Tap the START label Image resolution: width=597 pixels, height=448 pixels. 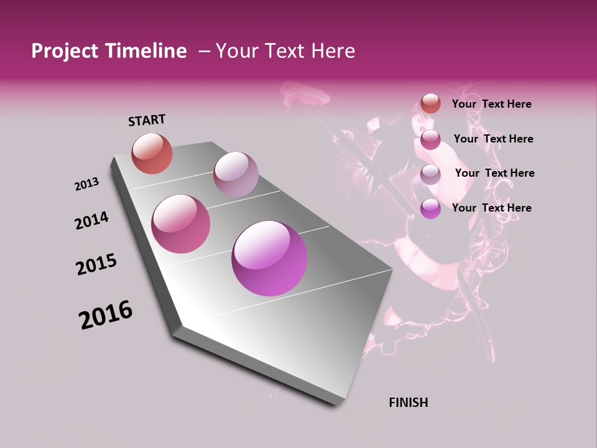tap(147, 120)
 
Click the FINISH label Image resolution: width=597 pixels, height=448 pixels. tap(408, 403)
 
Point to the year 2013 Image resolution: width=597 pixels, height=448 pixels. tap(87, 184)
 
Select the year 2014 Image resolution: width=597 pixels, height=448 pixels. tap(91, 220)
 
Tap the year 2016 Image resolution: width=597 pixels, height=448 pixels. tap(106, 315)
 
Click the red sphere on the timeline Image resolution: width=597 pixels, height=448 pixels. tap(152, 153)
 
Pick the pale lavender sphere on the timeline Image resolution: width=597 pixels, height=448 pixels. tap(236, 174)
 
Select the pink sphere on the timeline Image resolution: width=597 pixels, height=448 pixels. tap(181, 224)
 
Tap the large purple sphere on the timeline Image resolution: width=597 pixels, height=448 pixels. tap(269, 258)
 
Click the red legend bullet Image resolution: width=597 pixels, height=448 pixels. tap(430, 103)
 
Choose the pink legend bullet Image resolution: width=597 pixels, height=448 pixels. tap(430, 139)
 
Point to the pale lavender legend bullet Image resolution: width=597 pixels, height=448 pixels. tap(430, 174)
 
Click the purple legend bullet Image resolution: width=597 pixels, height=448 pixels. tap(430, 208)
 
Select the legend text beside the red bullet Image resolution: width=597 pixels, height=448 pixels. tap(491, 104)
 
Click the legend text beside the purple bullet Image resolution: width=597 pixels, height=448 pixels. tap(491, 208)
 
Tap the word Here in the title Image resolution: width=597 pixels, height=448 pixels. tap(333, 51)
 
